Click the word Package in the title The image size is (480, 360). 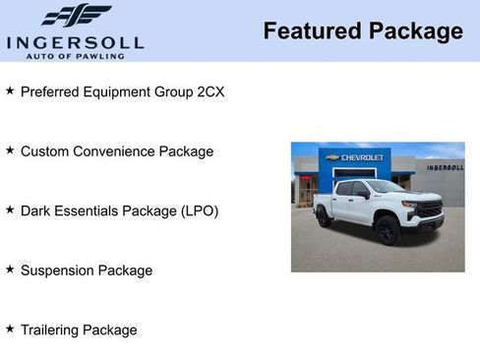pyautogui.click(x=415, y=31)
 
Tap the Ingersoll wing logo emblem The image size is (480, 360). pyautogui.click(x=76, y=16)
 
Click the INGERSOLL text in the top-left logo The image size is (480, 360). pyautogui.click(x=75, y=42)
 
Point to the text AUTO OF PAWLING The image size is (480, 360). pyautogui.click(x=75, y=55)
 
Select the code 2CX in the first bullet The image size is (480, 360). pyautogui.click(x=209, y=91)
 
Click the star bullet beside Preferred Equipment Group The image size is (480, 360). pyautogui.click(x=10, y=90)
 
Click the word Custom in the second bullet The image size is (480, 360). pyautogui.click(x=45, y=151)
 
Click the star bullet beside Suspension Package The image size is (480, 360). pyautogui.click(x=10, y=269)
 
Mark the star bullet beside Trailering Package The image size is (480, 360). pyautogui.click(x=10, y=329)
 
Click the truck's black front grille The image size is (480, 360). pyautogui.click(x=429, y=210)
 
